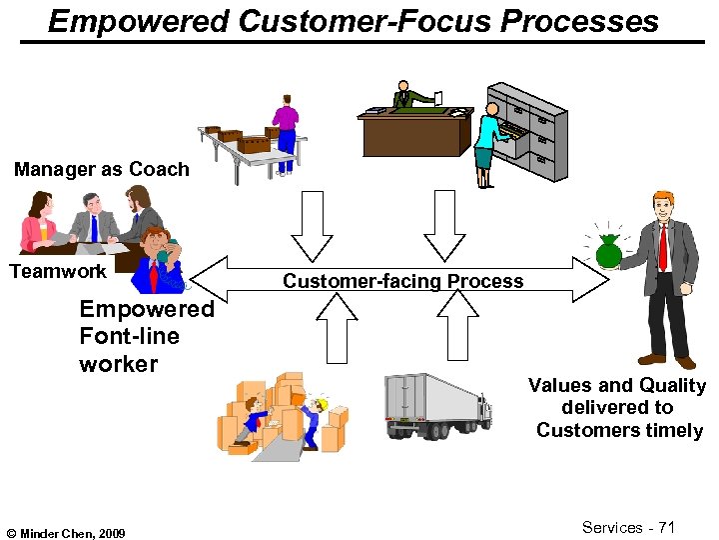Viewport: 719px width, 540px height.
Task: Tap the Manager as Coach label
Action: [101, 169]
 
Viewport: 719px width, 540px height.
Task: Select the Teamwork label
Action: [57, 271]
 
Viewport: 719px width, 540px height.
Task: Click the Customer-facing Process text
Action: [402, 281]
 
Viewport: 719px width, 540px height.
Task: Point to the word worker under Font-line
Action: [118, 363]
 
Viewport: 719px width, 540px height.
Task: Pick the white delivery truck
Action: [437, 405]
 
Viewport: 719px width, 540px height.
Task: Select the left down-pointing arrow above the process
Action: [312, 226]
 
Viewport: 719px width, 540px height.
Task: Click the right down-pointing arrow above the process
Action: [445, 226]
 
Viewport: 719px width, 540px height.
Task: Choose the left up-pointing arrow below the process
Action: [337, 328]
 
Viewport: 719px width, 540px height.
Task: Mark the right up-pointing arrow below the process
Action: [458, 328]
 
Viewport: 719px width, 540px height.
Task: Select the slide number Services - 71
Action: [628, 527]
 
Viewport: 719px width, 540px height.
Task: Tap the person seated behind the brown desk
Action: [403, 96]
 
